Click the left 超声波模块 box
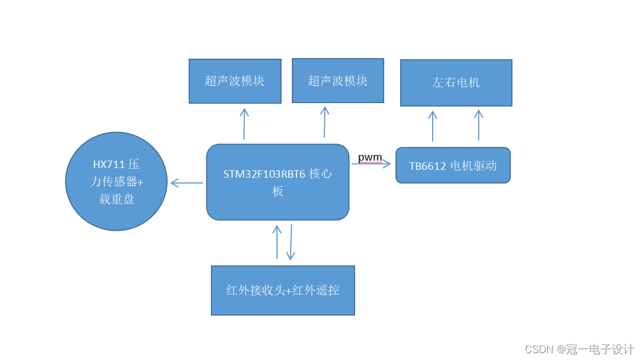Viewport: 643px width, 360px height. [x=235, y=81]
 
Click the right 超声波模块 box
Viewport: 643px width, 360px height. [x=337, y=80]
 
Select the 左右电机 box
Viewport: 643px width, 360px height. [x=456, y=83]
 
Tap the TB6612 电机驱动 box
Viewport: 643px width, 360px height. [x=453, y=166]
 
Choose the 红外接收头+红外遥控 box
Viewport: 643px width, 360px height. [x=283, y=290]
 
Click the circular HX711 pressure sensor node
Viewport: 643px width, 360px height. [x=116, y=181]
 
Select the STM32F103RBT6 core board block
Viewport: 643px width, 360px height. [x=278, y=182]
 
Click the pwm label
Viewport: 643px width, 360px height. [x=370, y=157]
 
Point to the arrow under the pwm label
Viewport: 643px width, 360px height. [x=371, y=164]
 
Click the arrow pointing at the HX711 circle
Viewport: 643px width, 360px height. [x=186, y=183]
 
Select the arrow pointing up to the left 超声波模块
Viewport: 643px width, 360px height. [x=244, y=124]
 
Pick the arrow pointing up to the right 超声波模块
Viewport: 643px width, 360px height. [x=324, y=121]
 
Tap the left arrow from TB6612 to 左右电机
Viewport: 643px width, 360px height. [x=433, y=125]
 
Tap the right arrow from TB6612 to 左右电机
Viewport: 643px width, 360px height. [x=478, y=125]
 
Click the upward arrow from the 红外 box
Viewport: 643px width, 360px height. [x=277, y=242]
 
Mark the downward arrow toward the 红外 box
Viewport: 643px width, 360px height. [x=291, y=242]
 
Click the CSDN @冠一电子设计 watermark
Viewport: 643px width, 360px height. [x=579, y=349]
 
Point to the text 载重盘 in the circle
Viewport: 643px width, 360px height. [x=116, y=199]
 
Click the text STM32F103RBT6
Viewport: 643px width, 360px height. [x=264, y=174]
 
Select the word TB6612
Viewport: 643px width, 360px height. [x=428, y=166]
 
